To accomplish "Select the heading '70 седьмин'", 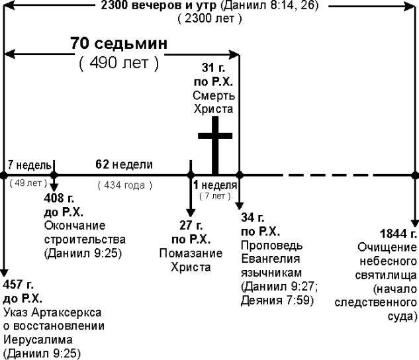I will point(118,45).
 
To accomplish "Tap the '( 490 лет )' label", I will point(118,64).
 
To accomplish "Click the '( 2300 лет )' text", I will point(209,19).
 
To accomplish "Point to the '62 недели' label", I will point(124,164).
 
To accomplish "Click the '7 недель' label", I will point(27,164).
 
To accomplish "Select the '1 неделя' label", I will point(215,185).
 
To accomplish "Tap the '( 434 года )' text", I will point(124,185).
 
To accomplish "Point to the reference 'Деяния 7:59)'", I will point(277,300).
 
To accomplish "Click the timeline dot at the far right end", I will point(416,175).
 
